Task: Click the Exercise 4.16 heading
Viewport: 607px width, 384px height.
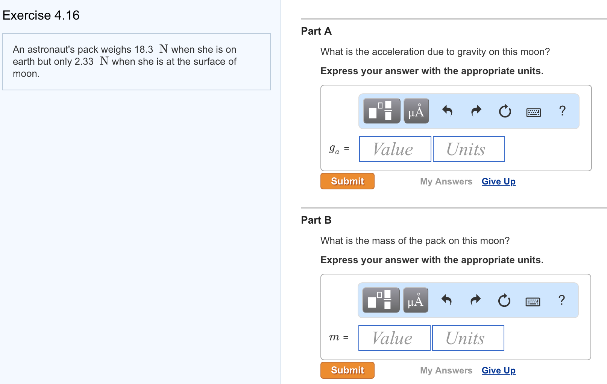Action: (41, 15)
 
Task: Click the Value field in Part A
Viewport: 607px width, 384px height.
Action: (395, 149)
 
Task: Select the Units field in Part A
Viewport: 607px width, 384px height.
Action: (469, 149)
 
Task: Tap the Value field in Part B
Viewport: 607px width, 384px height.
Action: (394, 338)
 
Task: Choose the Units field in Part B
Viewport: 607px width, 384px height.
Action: (468, 338)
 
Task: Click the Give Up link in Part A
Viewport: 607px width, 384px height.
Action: (498, 181)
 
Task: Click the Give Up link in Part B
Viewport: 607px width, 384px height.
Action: (498, 370)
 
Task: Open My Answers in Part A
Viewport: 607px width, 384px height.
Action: (446, 181)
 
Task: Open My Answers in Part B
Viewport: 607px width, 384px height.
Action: (446, 370)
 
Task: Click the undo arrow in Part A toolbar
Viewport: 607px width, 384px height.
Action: (447, 111)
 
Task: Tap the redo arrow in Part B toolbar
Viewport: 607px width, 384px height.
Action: (476, 300)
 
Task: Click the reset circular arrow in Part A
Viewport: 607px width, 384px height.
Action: (505, 111)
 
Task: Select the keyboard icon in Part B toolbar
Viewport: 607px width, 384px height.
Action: (533, 302)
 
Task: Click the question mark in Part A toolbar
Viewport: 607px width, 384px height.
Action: (562, 111)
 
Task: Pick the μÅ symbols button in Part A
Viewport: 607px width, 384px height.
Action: (416, 111)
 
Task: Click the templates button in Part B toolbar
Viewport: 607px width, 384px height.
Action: (381, 300)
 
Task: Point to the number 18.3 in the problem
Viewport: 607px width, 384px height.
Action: (144, 50)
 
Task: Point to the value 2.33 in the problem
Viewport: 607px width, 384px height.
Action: (84, 62)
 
